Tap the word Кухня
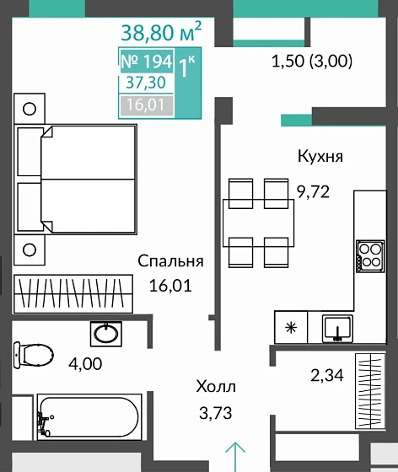point(320,157)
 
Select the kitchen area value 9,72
point(312,191)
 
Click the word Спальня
point(171,261)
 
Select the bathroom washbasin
point(107,333)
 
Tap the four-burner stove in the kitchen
point(369,254)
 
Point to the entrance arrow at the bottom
point(237,456)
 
